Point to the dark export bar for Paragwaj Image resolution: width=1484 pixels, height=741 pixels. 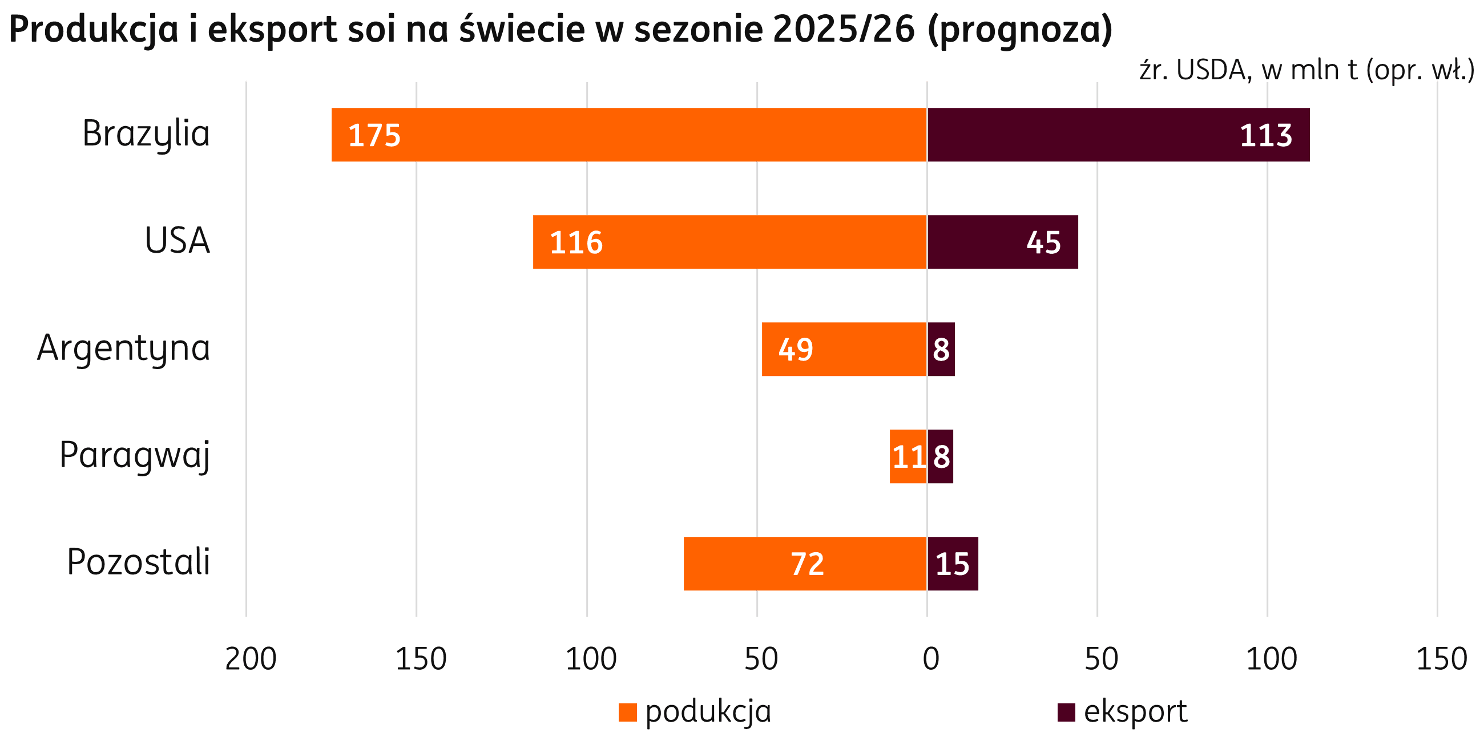[941, 456]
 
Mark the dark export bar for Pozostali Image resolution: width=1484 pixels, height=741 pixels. [953, 564]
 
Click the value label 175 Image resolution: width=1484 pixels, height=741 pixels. [374, 135]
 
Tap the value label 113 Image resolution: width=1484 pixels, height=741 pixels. [1265, 135]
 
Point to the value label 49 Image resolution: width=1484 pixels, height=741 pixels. [796, 350]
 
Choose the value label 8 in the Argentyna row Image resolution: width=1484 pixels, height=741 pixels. [941, 350]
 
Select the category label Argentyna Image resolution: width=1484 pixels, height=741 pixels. [123, 349]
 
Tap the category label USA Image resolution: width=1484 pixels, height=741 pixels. [177, 241]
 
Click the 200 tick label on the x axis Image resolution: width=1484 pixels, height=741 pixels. [251, 659]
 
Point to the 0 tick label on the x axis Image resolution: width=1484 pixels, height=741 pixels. [931, 659]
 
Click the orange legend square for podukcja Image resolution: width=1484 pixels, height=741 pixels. [627, 712]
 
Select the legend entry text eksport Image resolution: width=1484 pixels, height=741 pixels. [1135, 712]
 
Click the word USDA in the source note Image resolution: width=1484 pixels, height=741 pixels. [1211, 70]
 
